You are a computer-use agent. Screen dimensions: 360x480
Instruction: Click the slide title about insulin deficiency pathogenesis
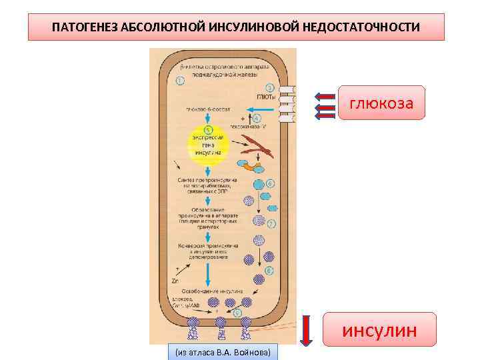[236, 27]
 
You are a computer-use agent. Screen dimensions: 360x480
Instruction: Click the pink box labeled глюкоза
[381, 103]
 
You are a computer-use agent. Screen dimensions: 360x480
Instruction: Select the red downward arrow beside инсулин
[306, 331]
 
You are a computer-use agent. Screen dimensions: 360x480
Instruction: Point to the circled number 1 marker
[181, 81]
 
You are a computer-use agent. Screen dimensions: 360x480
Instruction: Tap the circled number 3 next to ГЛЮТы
[269, 87]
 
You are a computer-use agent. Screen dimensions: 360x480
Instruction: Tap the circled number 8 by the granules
[269, 271]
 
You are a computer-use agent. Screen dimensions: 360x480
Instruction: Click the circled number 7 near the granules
[271, 224]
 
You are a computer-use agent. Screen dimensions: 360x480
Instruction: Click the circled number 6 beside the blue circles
[270, 183]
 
